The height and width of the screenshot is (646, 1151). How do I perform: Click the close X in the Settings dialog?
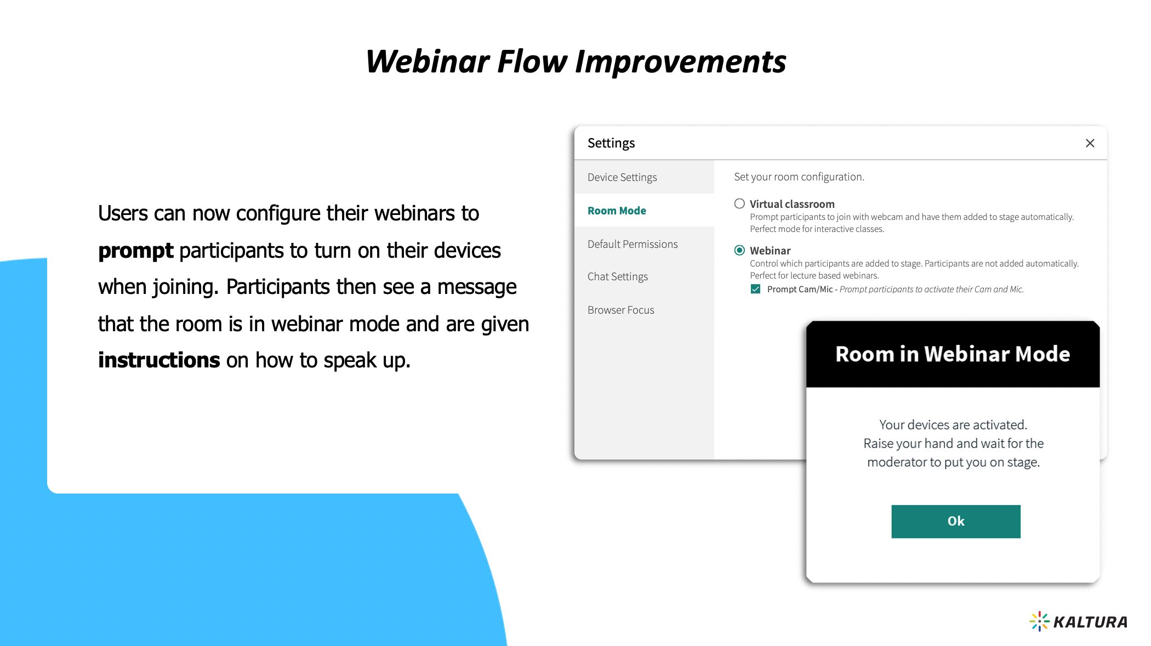click(x=1090, y=143)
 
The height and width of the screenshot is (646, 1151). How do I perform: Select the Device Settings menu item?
click(x=622, y=177)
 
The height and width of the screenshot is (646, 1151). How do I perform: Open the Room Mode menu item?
click(x=617, y=211)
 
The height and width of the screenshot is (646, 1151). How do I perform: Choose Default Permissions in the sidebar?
click(x=633, y=244)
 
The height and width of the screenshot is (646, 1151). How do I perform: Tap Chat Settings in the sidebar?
click(x=618, y=276)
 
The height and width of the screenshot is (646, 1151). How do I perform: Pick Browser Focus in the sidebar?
click(x=621, y=310)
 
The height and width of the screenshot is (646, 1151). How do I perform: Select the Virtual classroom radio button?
click(x=739, y=204)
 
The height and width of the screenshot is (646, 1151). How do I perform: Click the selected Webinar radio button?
click(x=739, y=250)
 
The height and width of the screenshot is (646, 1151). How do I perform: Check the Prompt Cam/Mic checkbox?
click(x=755, y=289)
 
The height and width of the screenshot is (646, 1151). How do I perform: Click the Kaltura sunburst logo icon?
click(x=1039, y=621)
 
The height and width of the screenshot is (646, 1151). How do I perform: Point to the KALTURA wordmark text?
click(x=1090, y=622)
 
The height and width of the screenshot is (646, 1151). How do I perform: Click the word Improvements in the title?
click(x=680, y=61)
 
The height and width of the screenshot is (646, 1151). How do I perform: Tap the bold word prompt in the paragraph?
click(x=136, y=251)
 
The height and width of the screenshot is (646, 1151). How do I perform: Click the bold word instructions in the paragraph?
click(x=159, y=360)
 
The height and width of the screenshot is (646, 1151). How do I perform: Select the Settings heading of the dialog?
click(x=611, y=143)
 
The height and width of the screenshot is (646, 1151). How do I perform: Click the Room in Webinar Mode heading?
click(x=953, y=354)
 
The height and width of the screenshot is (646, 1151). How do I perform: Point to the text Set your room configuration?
click(x=799, y=177)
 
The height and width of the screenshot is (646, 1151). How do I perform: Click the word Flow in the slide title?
click(x=532, y=61)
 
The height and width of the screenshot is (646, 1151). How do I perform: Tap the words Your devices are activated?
click(x=953, y=424)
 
